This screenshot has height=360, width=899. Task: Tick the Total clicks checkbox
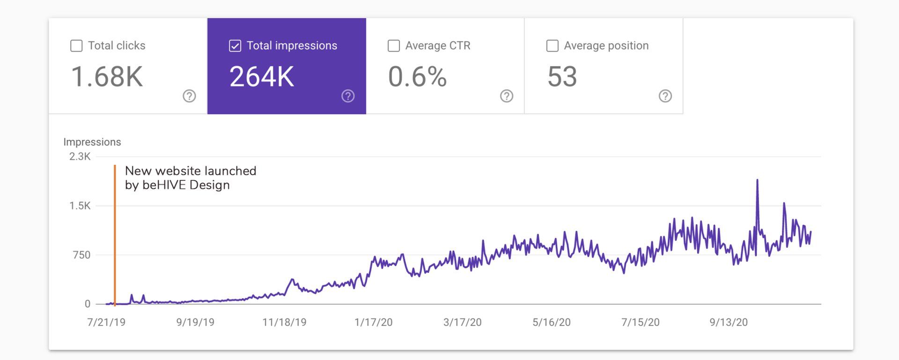pyautogui.click(x=76, y=45)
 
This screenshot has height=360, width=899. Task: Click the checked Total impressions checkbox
pyautogui.click(x=235, y=45)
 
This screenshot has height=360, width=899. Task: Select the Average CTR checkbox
pyautogui.click(x=394, y=45)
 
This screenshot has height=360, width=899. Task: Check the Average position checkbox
pyautogui.click(x=553, y=45)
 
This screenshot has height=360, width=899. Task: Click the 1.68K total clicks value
pyautogui.click(x=107, y=77)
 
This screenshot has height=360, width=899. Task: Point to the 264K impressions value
pyautogui.click(x=262, y=77)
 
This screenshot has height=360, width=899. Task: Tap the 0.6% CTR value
pyautogui.click(x=417, y=77)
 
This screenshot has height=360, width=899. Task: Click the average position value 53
pyautogui.click(x=562, y=77)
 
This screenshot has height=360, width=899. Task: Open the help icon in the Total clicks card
pyautogui.click(x=189, y=96)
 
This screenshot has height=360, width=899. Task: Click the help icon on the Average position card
pyautogui.click(x=665, y=96)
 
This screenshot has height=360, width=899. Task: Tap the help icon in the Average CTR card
pyautogui.click(x=507, y=96)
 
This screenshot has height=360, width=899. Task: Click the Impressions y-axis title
pyautogui.click(x=92, y=142)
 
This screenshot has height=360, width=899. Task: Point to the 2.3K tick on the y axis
pyautogui.click(x=80, y=156)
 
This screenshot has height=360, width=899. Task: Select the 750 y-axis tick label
pyautogui.click(x=81, y=255)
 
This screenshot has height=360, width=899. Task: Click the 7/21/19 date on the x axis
pyautogui.click(x=106, y=322)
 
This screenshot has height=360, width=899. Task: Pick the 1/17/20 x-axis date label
pyautogui.click(x=374, y=322)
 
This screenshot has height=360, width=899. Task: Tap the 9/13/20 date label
pyautogui.click(x=729, y=322)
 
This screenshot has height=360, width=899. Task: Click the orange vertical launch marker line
pyautogui.click(x=115, y=235)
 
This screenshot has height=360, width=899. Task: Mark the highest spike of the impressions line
pyautogui.click(x=757, y=180)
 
